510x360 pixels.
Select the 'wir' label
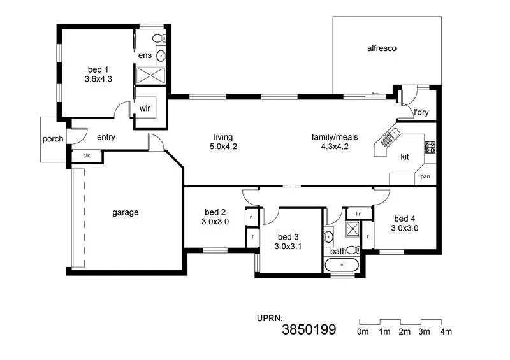145,108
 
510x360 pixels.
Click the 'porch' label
53,139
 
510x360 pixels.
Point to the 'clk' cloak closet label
86,155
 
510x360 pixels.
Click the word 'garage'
126,212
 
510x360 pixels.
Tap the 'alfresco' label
382,48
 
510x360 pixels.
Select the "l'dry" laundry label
421,113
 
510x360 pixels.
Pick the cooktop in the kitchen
430,148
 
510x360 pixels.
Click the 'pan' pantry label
425,176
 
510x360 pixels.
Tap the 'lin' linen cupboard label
359,213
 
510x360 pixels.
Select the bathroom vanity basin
329,238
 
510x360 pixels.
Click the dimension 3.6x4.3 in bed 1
98,80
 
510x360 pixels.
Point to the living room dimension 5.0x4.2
223,147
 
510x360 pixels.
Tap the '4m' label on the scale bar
446,331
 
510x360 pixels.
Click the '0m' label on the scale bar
363,331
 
